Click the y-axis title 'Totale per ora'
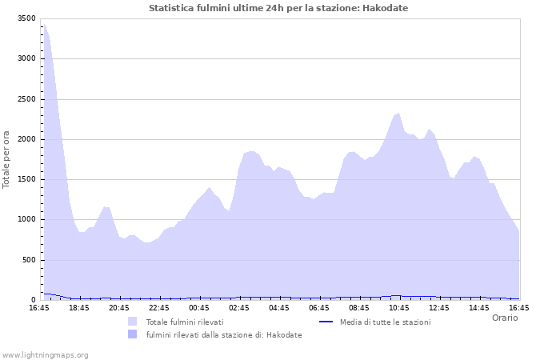point(6,159)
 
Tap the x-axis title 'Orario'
point(504,318)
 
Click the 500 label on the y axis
point(29,260)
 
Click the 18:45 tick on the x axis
point(79,307)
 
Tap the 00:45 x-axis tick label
point(199,307)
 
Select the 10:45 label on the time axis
point(399,307)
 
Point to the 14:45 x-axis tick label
point(479,307)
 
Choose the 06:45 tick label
point(319,307)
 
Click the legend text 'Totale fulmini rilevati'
point(185,322)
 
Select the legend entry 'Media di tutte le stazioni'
point(385,322)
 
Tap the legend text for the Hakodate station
point(224,334)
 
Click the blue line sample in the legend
point(326,322)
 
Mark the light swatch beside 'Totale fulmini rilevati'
point(132,322)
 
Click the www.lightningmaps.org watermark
point(45,354)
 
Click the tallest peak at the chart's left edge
point(44,25)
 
